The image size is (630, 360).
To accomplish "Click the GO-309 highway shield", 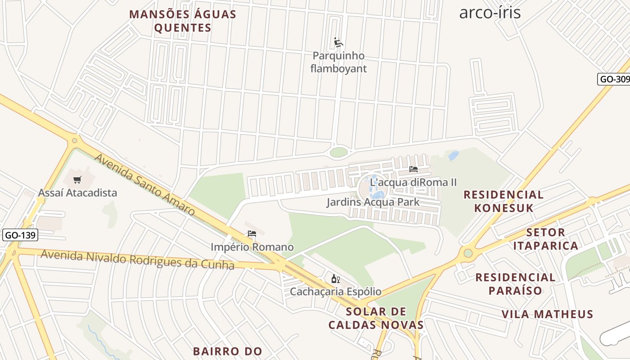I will tap(615, 79).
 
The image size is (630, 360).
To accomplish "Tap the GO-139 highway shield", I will tap(20, 235).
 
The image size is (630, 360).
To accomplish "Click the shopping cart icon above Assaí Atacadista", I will tap(77, 180).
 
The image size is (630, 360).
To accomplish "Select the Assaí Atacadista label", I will tap(77, 193).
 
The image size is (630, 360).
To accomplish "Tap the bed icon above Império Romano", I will tap(252, 234).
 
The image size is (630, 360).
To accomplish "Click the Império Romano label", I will tap(252, 247).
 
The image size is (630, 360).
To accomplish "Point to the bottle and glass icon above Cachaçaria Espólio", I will tap(335, 279).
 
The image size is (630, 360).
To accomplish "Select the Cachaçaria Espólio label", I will tap(335, 292).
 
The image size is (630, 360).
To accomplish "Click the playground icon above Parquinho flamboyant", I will tap(338, 43).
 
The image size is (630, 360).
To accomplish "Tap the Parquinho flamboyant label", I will tap(338, 63).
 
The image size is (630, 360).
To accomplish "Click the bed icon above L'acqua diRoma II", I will tap(414, 169).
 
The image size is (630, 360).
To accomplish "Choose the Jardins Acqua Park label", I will tap(373, 202).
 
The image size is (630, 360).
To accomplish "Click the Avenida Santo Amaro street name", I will tap(144, 184).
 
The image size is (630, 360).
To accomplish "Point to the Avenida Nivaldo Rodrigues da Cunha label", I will tap(137, 260).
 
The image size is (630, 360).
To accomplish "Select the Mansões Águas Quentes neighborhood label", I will tap(183, 21).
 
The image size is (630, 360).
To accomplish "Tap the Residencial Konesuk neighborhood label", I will tap(504, 201).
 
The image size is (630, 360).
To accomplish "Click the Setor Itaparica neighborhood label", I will tap(545, 239).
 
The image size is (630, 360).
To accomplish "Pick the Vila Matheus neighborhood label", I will tap(548, 314).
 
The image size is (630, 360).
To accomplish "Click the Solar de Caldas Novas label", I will tap(376, 318).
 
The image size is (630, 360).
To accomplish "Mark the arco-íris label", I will tap(490, 13).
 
